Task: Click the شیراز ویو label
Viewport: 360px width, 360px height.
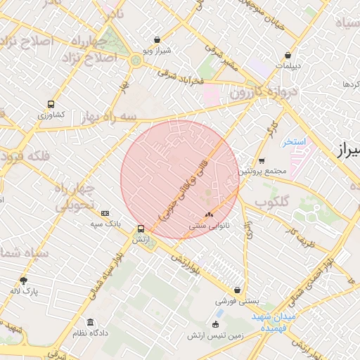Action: pyautogui.click(x=157, y=51)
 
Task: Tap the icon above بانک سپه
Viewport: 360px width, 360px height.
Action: pyautogui.click(x=105, y=213)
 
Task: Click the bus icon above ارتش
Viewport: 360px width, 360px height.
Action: pyautogui.click(x=141, y=229)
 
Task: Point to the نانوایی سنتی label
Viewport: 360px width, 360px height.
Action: pyautogui.click(x=208, y=226)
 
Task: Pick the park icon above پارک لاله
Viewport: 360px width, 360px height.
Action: pyautogui.click(x=24, y=280)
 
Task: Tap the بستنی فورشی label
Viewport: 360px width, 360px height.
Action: pyautogui.click(x=237, y=300)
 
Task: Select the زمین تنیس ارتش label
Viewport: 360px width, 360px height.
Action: pyautogui.click(x=215, y=335)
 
